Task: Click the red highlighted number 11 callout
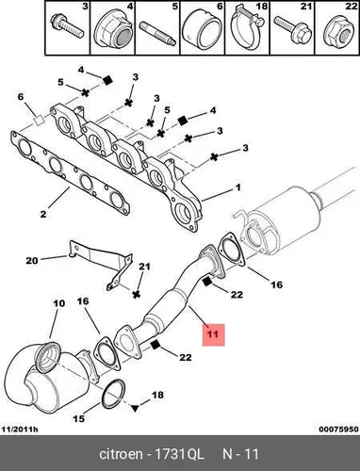pyautogui.click(x=213, y=334)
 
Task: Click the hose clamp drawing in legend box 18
pyautogui.click(x=248, y=31)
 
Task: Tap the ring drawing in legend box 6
pyautogui.click(x=201, y=30)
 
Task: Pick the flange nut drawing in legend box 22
pyautogui.click(x=338, y=32)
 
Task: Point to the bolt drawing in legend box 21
pyautogui.click(x=293, y=30)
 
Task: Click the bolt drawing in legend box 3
pyautogui.click(x=67, y=26)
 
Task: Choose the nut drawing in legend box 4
pyautogui.click(x=114, y=30)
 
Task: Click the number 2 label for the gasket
pyautogui.click(x=43, y=214)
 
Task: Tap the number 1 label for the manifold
pyautogui.click(x=238, y=187)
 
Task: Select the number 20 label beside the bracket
pyautogui.click(x=32, y=260)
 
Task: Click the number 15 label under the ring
pyautogui.click(x=79, y=418)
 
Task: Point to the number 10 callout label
pyautogui.click(x=59, y=303)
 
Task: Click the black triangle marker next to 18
pyautogui.click(x=135, y=409)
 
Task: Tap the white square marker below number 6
pyautogui.click(x=39, y=120)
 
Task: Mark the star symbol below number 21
pyautogui.click(x=136, y=294)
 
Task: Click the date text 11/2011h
pyautogui.click(x=20, y=430)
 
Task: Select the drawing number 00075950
pyautogui.click(x=338, y=430)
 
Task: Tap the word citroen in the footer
pyautogui.click(x=121, y=454)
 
